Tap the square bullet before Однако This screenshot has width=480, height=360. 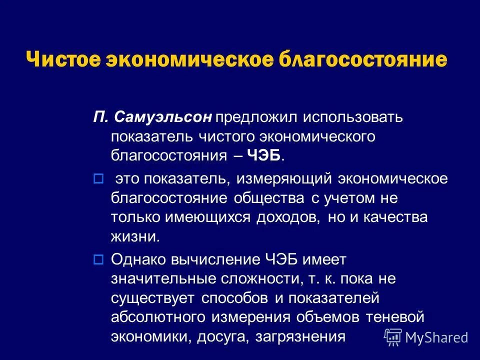point(98,259)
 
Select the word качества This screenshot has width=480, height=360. point(396,217)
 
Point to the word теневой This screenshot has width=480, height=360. point(395,317)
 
